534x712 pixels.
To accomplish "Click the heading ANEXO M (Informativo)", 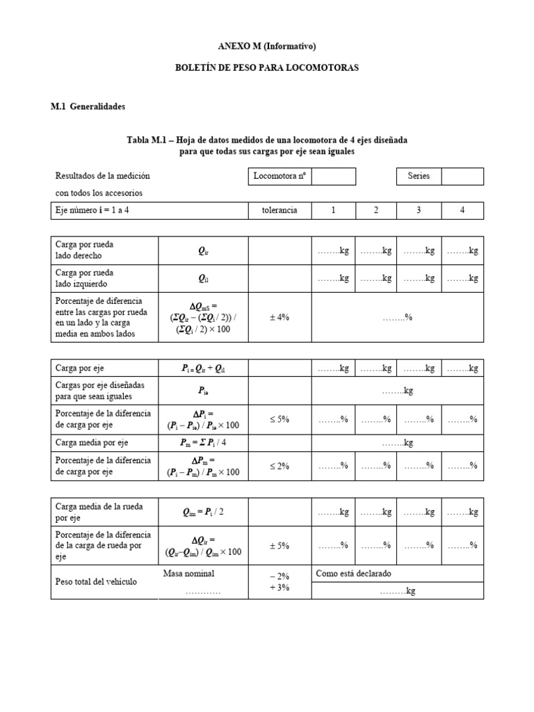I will (267, 47).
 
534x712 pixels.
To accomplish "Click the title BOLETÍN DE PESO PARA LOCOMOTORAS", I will (267, 70).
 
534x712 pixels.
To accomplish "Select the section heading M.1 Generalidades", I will (88, 107).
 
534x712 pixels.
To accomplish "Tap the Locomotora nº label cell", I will (280, 176).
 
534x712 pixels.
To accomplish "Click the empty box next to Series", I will (462, 176).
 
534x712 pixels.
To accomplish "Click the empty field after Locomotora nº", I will (334, 176).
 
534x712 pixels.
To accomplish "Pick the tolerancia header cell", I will (280, 210).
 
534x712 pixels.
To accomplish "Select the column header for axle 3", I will (419, 210).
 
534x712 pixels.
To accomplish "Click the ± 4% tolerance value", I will (280, 316).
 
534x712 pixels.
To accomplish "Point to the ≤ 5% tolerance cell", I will (280, 419).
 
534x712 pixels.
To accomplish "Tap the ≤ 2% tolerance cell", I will (280, 466).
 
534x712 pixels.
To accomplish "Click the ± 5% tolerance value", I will (280, 546).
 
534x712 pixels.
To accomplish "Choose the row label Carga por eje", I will (79, 368).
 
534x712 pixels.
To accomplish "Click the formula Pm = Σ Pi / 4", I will (203, 443).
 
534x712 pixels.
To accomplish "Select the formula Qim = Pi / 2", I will (203, 512).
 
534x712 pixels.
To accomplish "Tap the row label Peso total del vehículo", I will (95, 581).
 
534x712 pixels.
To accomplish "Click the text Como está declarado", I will (354, 574).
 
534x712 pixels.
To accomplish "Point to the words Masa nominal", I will (189, 574).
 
